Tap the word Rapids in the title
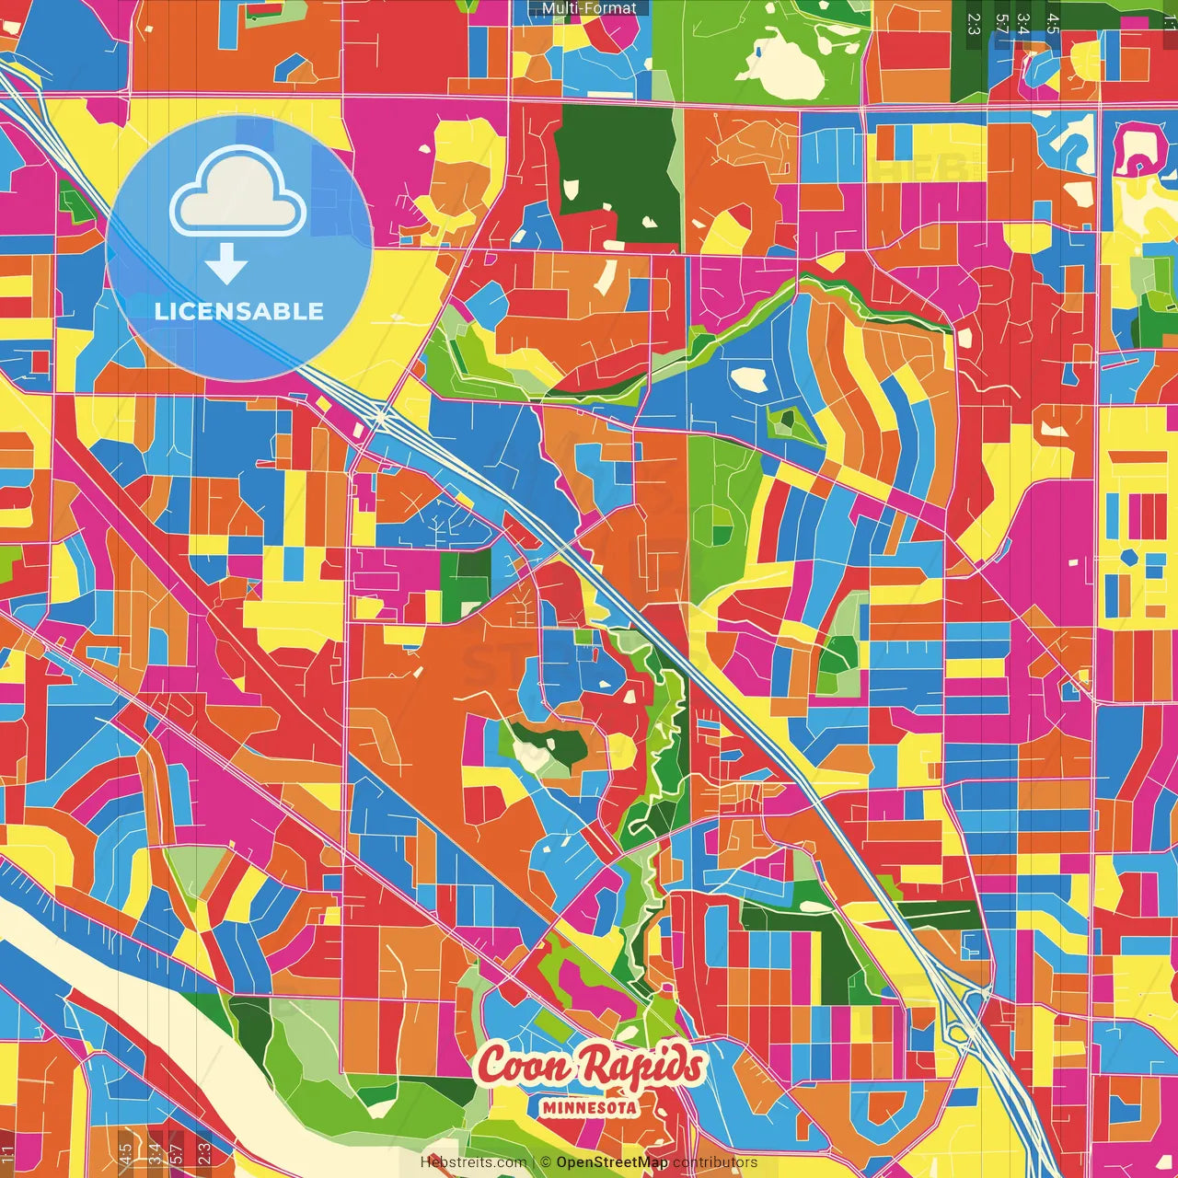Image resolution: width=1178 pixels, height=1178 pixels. (644, 1066)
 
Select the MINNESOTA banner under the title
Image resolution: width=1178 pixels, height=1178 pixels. (589, 1107)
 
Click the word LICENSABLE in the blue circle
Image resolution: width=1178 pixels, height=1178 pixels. (239, 311)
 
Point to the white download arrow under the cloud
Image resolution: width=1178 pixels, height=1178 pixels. (225, 265)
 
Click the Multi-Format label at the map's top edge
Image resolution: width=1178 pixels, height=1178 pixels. (589, 8)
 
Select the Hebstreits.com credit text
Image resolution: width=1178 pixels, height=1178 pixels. (473, 1162)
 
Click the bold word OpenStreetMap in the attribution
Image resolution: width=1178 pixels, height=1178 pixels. (612, 1162)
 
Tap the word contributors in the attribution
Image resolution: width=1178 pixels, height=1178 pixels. (715, 1162)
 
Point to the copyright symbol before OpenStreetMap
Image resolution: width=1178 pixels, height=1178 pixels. (546, 1162)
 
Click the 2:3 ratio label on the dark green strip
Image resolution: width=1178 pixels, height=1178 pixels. (973, 23)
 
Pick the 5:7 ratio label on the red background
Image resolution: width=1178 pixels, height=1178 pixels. (1000, 23)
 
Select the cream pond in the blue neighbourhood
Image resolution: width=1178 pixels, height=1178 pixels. (749, 379)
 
